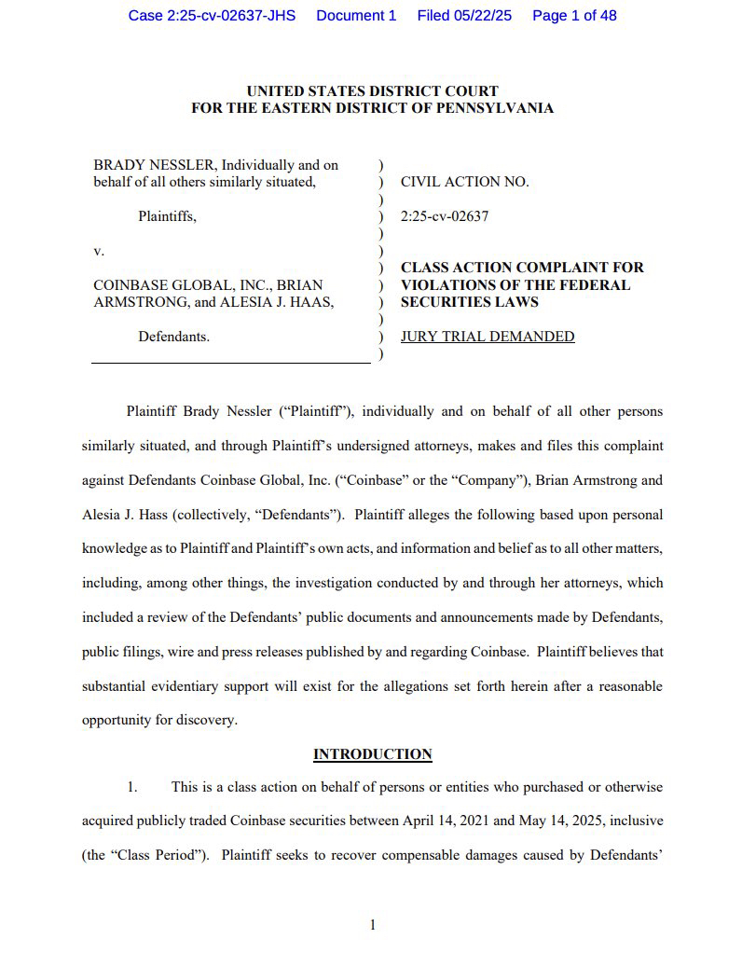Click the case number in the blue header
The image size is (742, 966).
[x=212, y=16]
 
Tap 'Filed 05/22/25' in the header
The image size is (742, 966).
[x=464, y=16]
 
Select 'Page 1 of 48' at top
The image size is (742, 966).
[x=574, y=16]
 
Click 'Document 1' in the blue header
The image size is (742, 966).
[x=356, y=16]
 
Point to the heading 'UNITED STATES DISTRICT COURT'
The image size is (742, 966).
[x=372, y=90]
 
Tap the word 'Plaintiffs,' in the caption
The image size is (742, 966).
[x=168, y=216]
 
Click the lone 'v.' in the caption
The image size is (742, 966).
[x=99, y=251]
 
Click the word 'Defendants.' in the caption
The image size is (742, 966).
[x=174, y=337]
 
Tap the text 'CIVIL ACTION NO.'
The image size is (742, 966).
[x=464, y=182]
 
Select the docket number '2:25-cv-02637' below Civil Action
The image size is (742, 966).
[x=445, y=216]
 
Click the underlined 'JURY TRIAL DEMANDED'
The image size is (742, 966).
[x=488, y=337]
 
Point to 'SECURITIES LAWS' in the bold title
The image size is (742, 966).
[x=469, y=302]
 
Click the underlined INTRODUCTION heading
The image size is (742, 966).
[x=372, y=754]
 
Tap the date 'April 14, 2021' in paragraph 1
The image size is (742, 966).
[x=446, y=821]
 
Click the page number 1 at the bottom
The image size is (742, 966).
[x=372, y=925]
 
